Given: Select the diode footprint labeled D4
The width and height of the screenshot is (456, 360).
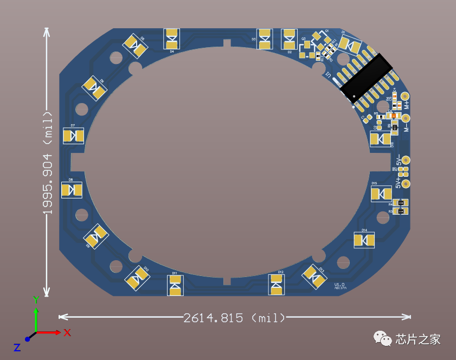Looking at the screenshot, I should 172,38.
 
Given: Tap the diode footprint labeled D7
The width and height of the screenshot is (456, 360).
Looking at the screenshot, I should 73,136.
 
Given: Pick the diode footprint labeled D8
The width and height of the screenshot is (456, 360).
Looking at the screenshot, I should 72,190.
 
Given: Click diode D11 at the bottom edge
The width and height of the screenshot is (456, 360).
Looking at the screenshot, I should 175,285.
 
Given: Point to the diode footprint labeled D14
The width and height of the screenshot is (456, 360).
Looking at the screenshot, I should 364,240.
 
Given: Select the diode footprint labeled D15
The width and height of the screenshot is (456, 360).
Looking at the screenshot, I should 381,194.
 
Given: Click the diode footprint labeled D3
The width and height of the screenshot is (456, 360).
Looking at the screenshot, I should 265,39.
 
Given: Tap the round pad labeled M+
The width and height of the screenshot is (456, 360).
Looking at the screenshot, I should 404,95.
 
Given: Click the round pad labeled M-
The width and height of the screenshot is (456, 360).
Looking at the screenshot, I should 405,118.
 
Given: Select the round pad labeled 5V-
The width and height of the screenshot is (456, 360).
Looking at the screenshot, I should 405,160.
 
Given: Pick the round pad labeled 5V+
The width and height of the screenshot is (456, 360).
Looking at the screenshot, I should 405,184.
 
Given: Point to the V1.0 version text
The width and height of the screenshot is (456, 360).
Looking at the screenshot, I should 339,285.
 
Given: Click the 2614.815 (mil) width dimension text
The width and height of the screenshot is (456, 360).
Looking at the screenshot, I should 234,318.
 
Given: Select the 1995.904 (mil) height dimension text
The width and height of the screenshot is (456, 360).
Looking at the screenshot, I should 48,163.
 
